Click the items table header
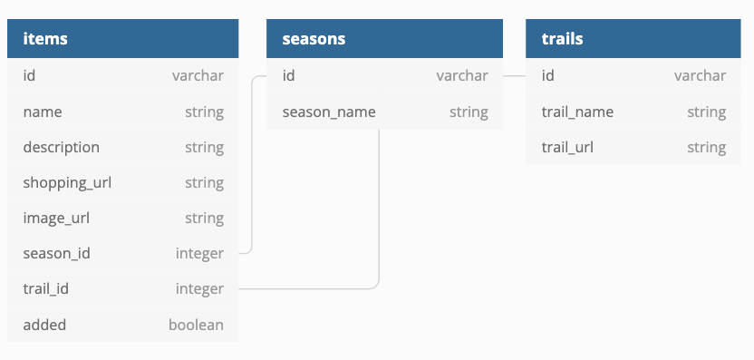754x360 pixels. (45, 39)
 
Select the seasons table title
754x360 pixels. (314, 39)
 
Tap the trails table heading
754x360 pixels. (562, 39)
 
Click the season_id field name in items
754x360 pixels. (56, 253)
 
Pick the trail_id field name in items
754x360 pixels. (46, 288)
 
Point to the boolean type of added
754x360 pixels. (196, 324)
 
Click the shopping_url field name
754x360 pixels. (67, 182)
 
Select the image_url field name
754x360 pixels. (56, 218)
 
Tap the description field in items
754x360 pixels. (62, 147)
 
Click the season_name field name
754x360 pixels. (329, 112)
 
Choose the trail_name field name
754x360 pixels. (577, 112)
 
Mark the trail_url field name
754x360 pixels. (567, 147)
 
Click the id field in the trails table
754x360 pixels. (547, 75)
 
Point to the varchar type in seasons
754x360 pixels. (461, 75)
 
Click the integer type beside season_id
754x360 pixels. (199, 253)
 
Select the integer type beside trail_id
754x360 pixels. (199, 288)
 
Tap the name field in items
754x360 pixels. (43, 112)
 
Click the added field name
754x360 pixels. (44, 324)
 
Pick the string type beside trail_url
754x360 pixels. (706, 147)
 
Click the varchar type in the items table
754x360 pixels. (198, 75)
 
